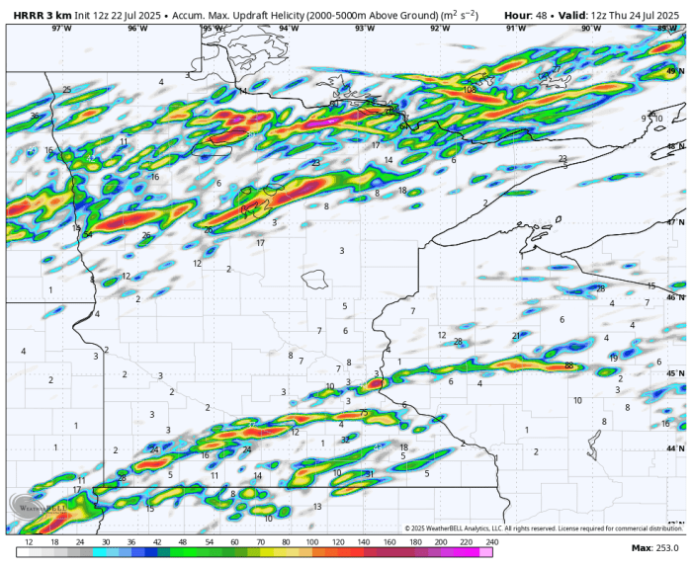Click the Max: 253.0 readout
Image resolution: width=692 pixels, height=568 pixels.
655,547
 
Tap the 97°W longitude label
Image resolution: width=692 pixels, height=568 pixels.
61,29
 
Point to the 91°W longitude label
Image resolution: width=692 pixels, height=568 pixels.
516,29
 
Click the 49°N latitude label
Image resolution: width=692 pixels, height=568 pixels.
676,71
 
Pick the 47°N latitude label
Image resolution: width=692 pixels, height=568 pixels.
676,222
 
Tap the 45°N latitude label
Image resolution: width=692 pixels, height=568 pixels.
676,373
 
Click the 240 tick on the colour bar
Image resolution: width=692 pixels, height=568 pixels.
491,542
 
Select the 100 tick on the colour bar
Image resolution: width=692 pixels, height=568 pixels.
311,542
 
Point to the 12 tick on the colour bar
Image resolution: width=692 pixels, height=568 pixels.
29,542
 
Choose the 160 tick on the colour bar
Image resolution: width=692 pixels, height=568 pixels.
389,542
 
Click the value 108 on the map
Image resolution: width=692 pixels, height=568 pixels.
470,90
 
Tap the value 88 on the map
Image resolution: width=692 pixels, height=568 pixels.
568,365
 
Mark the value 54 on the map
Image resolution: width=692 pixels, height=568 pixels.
88,235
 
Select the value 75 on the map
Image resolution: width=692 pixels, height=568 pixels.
364,413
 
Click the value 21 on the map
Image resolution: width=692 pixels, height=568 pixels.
516,336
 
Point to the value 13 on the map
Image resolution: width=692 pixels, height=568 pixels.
317,506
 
